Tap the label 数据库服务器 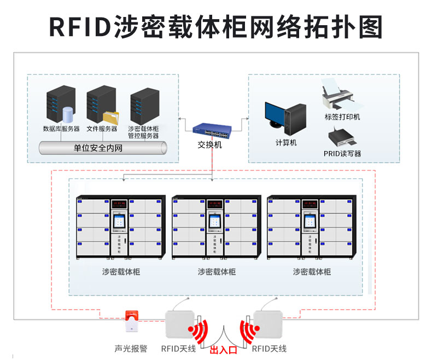click(61, 129)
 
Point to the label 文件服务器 click(102, 129)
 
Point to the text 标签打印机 click(342, 117)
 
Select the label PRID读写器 click(342, 154)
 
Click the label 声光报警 click(131, 349)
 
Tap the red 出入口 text click(223, 350)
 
